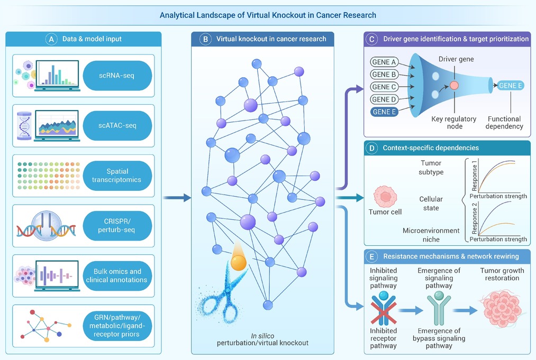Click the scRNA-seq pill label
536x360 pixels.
click(117, 76)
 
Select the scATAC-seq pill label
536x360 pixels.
click(117, 125)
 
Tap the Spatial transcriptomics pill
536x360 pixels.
click(117, 176)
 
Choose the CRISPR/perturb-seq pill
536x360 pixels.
click(117, 225)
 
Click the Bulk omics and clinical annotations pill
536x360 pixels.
click(117, 275)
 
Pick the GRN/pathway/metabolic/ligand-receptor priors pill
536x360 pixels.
click(117, 326)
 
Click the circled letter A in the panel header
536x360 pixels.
click(51, 39)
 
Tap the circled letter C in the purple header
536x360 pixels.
click(371, 39)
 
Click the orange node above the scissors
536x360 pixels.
click(239, 263)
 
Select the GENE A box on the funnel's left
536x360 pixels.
click(384, 62)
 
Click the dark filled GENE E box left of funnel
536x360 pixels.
click(384, 112)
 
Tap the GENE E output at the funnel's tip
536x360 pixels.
click(511, 86)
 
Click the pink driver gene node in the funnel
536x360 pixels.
click(454, 86)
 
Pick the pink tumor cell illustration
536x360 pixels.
click(385, 197)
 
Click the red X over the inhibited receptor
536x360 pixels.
click(384, 312)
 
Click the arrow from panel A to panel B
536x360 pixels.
click(177, 197)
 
